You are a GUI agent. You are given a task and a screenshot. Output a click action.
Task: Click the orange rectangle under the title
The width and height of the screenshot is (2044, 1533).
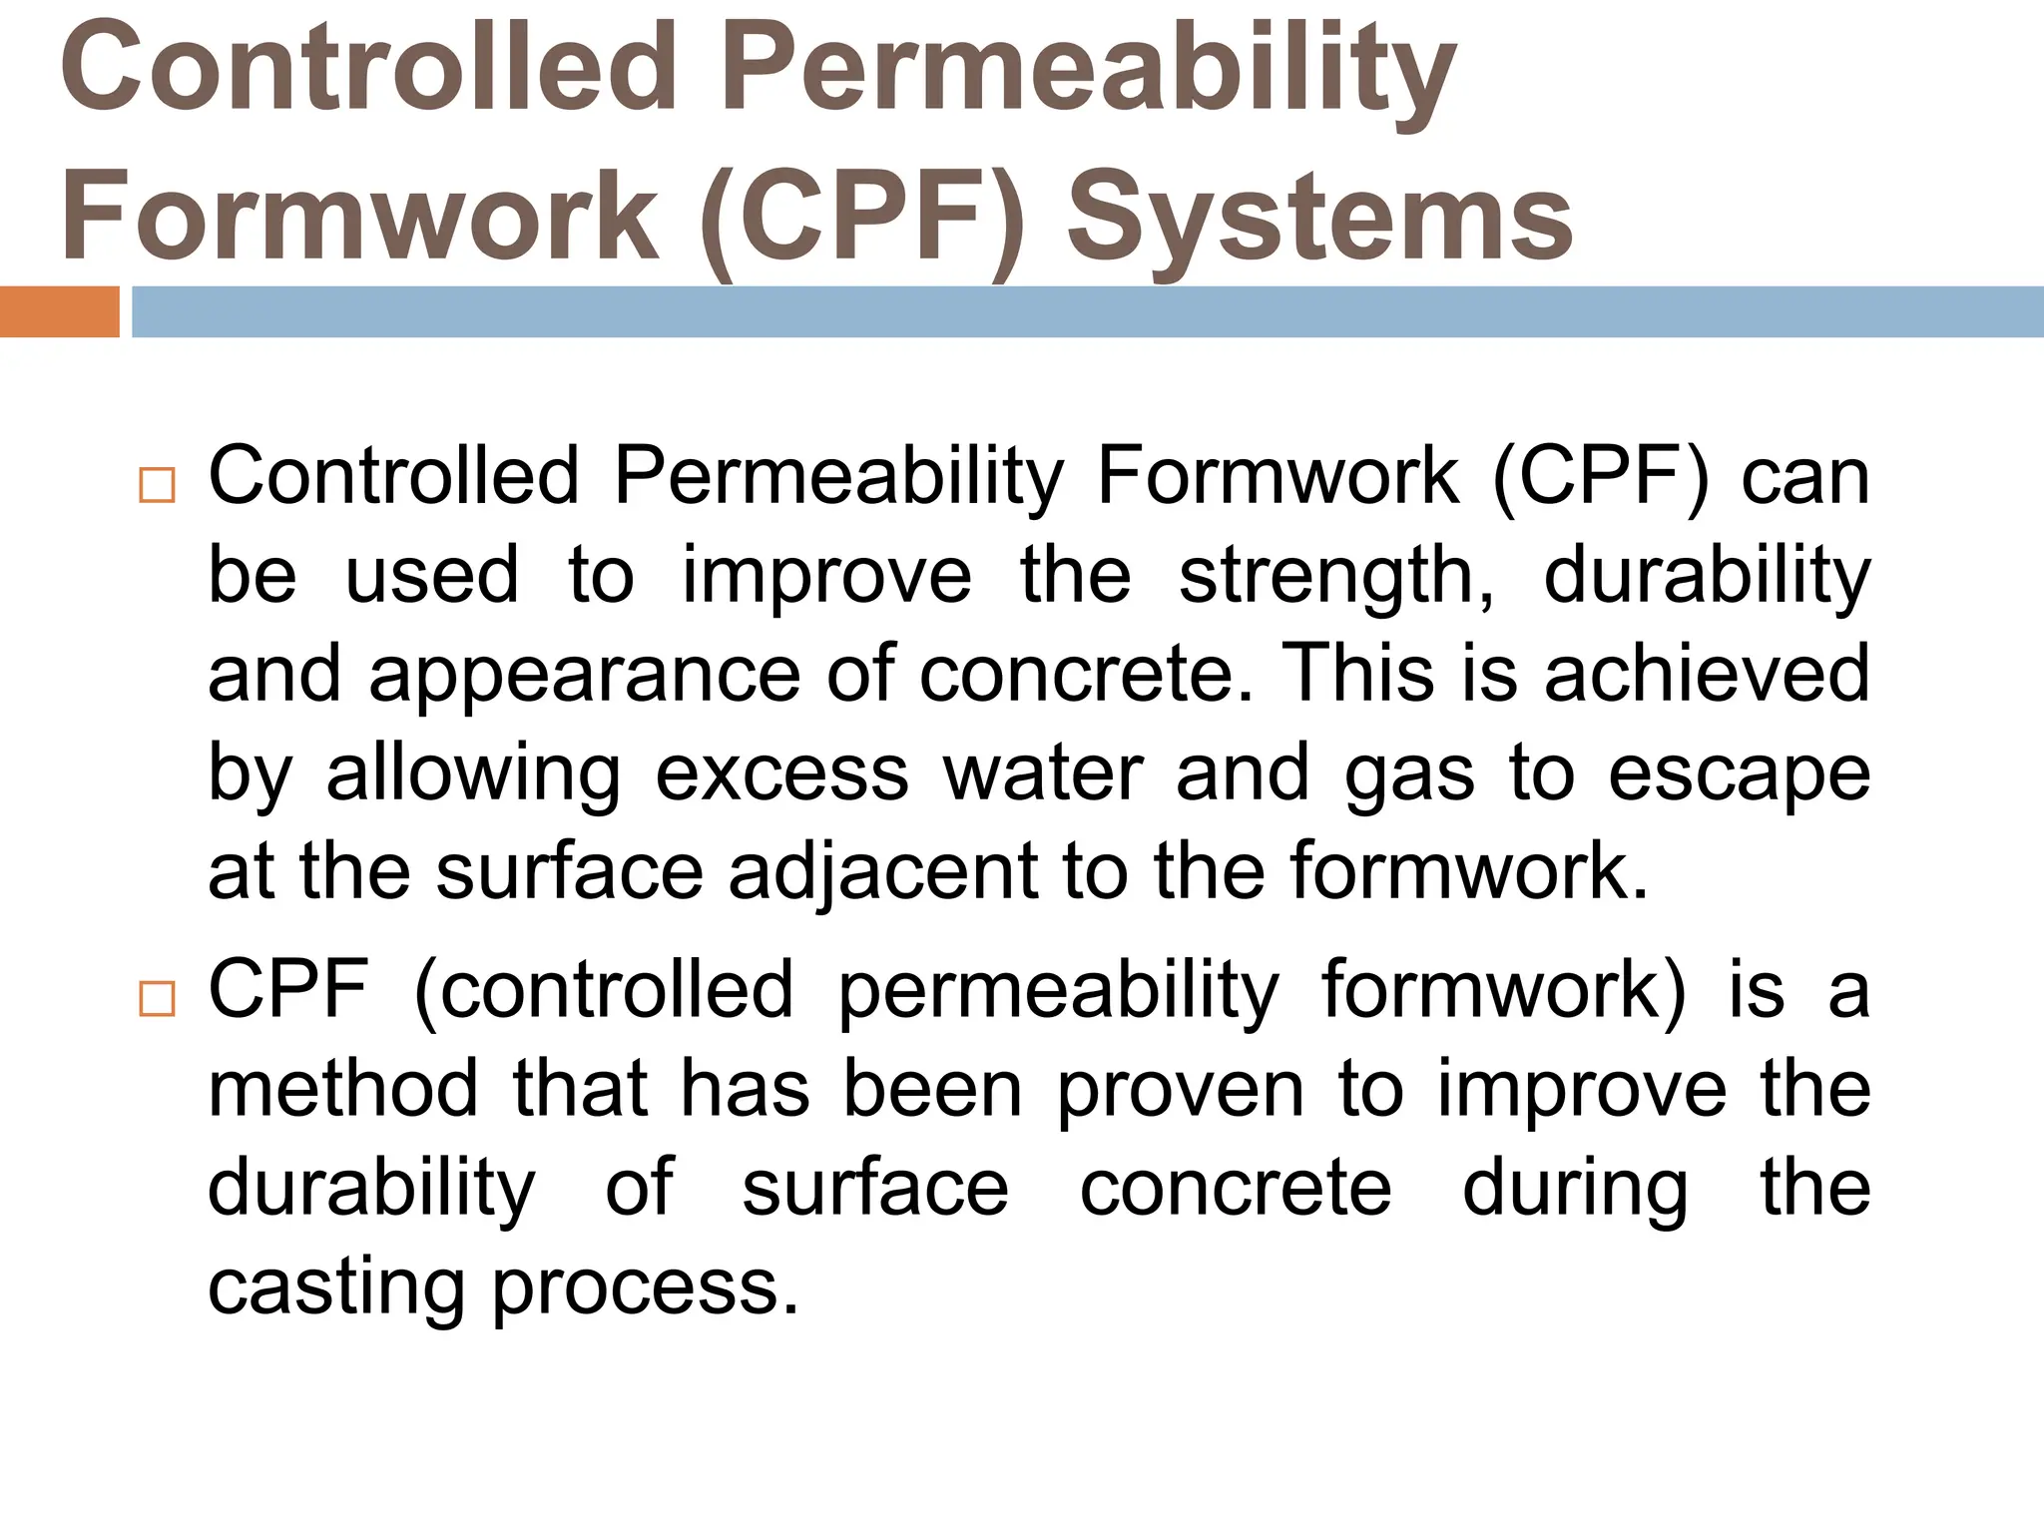pyautogui.click(x=59, y=311)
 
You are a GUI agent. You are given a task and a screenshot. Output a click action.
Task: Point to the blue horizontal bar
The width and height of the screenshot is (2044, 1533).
pyautogui.click(x=1087, y=311)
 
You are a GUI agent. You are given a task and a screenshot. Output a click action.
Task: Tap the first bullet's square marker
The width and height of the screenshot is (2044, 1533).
pyautogui.click(x=158, y=485)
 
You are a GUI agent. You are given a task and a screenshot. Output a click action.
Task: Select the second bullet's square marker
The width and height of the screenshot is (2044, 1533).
pyautogui.click(x=158, y=998)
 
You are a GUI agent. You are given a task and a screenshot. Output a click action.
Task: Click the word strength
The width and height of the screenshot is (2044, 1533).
pyautogui.click(x=1335, y=577)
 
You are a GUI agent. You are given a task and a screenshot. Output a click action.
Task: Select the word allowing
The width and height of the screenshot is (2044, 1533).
pyautogui.click(x=473, y=774)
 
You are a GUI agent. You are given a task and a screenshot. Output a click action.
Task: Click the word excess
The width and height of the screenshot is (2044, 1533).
pyautogui.click(x=781, y=774)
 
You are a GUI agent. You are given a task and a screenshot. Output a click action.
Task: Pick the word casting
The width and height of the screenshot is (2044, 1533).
pyautogui.click(x=336, y=1287)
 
